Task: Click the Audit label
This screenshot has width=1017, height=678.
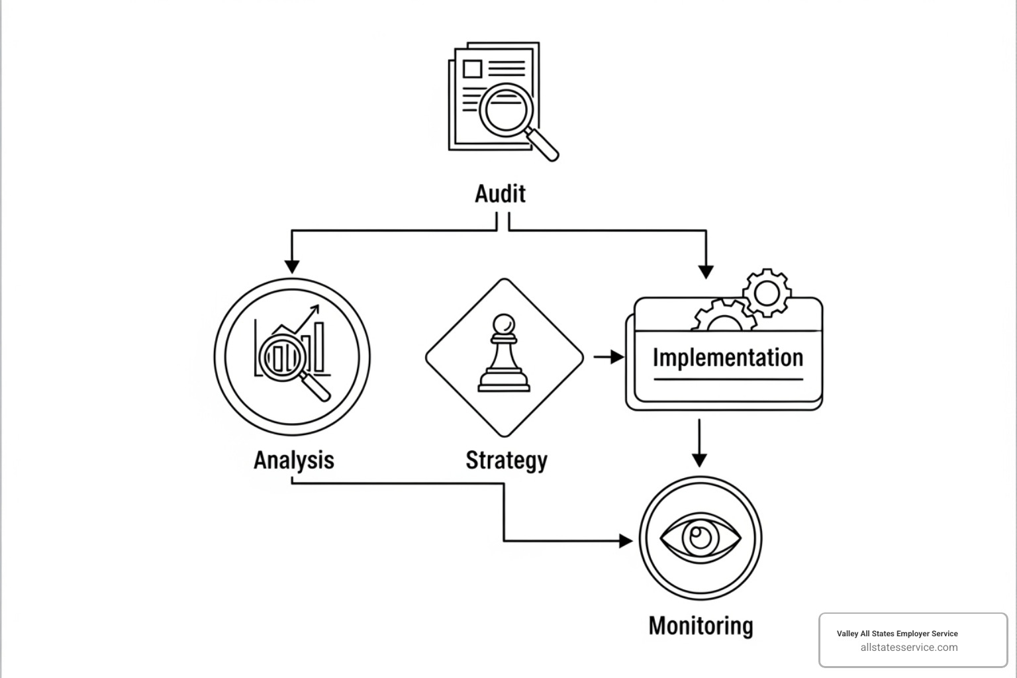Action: (x=500, y=194)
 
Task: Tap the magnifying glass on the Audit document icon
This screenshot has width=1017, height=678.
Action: (x=506, y=109)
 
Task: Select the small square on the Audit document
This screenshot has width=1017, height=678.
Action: (x=472, y=69)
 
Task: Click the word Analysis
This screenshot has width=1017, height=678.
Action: (x=293, y=460)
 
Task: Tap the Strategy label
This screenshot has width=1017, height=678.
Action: (x=506, y=460)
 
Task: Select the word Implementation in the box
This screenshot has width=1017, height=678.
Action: (x=728, y=358)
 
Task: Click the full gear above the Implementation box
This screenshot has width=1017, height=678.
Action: (x=767, y=292)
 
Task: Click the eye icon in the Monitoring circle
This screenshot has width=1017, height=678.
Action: (x=701, y=538)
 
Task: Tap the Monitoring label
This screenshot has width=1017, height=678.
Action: (x=701, y=626)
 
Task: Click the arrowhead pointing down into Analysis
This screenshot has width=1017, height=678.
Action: (x=292, y=266)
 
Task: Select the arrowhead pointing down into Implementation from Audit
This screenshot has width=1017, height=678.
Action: (x=706, y=271)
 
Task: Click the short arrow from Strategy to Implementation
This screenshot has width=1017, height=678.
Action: (x=608, y=358)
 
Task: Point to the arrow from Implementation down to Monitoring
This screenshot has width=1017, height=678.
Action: (x=699, y=444)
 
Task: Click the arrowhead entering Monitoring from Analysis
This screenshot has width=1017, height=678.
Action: (x=625, y=541)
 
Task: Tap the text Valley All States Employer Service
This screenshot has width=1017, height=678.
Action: (x=896, y=634)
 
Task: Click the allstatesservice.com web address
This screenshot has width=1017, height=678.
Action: (x=908, y=648)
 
